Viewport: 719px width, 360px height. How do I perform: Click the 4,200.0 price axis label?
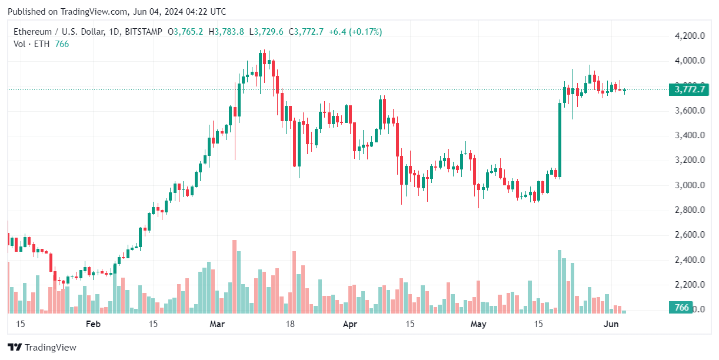coord(690,36)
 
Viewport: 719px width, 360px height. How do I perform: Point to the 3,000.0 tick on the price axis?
coord(690,185)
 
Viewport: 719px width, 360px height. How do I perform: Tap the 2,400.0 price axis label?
coord(690,260)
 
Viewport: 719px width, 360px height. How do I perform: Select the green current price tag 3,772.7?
coord(688,90)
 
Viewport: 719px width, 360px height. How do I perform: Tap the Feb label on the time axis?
coord(93,324)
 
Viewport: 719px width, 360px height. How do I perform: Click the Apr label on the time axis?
coord(350,324)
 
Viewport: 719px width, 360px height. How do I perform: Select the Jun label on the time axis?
coord(611,324)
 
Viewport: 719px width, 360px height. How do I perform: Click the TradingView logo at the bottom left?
coord(42,348)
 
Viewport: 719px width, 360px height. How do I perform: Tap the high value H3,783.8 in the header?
coord(229,32)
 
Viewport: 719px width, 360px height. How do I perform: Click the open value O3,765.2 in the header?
coord(185,32)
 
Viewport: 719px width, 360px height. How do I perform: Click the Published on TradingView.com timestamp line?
coord(116,12)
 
